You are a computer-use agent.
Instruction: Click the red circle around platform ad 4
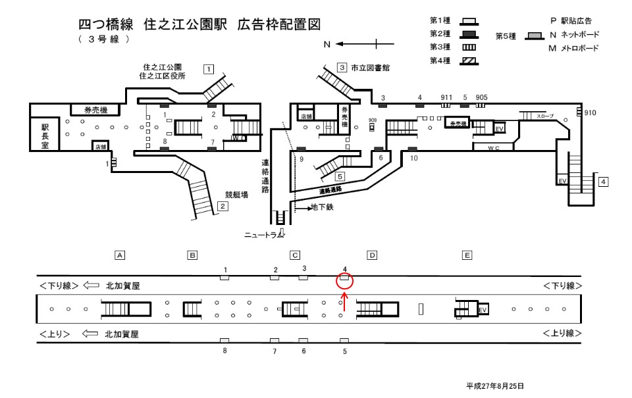[x=344, y=282]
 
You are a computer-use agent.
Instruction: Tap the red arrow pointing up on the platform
[x=344, y=307]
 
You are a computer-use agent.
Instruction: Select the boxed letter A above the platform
[x=120, y=255]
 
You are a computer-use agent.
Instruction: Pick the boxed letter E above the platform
[x=467, y=255]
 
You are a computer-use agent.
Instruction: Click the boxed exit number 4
[x=603, y=182]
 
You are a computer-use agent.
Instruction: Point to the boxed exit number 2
[x=223, y=207]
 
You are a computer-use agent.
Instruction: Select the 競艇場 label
[x=236, y=195]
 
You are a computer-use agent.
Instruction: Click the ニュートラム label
[x=262, y=234]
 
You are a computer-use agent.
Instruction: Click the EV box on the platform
[x=482, y=309]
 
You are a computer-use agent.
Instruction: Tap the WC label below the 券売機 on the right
[x=493, y=148]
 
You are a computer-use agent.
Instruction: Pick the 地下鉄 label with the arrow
[x=323, y=209]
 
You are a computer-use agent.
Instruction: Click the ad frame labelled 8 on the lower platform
[x=224, y=340]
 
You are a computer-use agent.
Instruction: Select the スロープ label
[x=546, y=115]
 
